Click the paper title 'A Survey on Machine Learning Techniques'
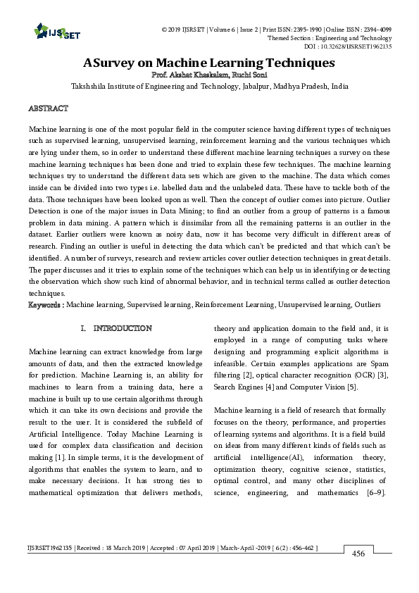[x=208, y=63]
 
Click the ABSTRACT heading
[x=48, y=108]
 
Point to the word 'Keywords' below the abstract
[x=45, y=305]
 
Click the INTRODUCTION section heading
[x=122, y=329]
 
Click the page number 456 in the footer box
[x=358, y=554]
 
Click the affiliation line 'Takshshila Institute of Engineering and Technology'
[x=209, y=86]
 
